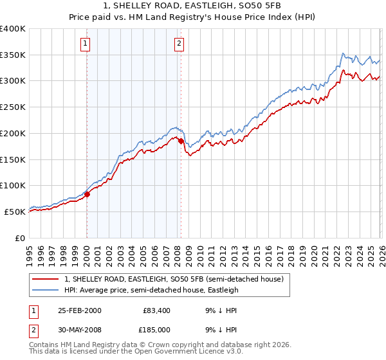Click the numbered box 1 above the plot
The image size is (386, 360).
point(86,44)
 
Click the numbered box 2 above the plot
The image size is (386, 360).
point(178,44)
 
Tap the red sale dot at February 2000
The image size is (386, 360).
point(87,195)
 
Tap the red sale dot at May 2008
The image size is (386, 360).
point(181,141)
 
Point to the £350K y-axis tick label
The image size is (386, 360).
point(13,55)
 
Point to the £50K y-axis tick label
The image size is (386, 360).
point(15,212)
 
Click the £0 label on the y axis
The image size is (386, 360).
point(19,238)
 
